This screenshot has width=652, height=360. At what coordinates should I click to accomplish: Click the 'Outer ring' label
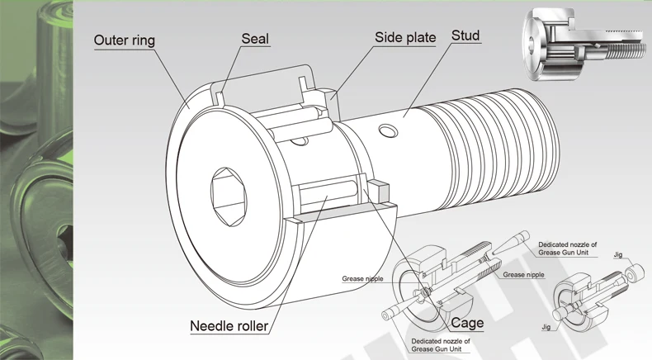point(124,40)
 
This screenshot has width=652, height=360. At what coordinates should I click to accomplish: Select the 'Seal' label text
point(255,39)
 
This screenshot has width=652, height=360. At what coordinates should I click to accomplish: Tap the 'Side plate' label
point(405,38)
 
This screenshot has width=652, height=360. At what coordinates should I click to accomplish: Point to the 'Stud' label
point(465,36)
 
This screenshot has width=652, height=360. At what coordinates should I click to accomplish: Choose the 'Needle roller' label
point(229,325)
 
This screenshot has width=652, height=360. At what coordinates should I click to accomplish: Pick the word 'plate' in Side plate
point(420,38)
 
